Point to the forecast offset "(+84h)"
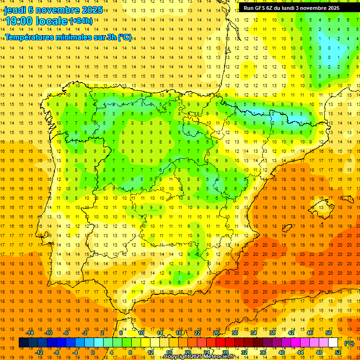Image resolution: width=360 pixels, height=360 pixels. pos(81,21)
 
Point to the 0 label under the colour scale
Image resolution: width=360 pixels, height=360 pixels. pos(92,352)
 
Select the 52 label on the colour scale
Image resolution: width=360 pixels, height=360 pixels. pos(338,352)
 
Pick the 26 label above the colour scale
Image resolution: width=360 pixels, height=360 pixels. pos(216,333)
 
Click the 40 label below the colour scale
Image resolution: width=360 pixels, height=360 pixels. pos(282,352)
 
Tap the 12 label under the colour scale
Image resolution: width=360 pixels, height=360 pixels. pos(150,352)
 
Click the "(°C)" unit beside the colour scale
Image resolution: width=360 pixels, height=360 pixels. pos(349,343)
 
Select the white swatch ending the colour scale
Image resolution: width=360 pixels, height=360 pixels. pos(333,343)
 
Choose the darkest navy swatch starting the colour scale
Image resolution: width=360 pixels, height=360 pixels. pos(23,343)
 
